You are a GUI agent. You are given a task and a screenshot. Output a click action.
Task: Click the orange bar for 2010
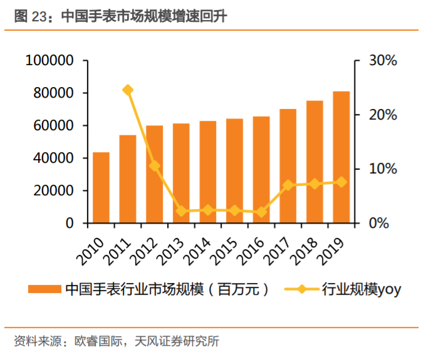[x=101, y=188]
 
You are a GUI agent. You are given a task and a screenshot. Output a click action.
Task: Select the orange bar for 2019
[x=341, y=157]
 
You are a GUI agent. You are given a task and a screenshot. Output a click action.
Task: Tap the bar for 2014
[x=208, y=172]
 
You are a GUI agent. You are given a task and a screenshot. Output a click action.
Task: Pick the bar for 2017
[x=288, y=166]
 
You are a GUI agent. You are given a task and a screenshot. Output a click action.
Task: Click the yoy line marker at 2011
[x=128, y=90]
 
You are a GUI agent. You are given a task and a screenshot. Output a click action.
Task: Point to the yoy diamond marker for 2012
[x=155, y=166]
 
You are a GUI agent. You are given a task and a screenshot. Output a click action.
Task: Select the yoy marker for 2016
[x=261, y=212]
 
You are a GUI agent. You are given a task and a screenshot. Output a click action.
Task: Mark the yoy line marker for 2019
[x=341, y=182]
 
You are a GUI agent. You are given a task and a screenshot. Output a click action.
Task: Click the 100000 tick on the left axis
[x=49, y=61]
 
